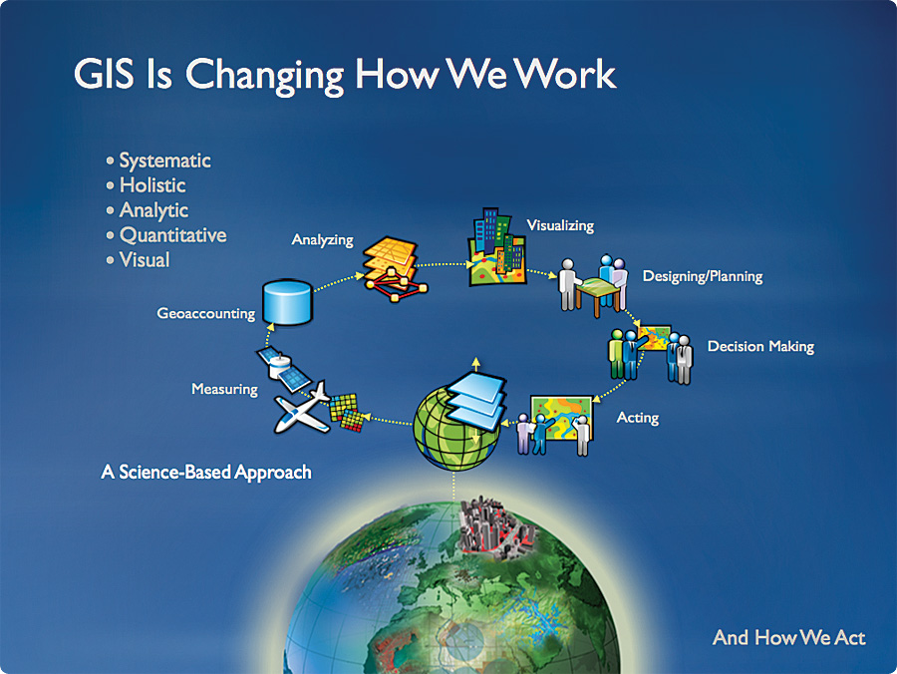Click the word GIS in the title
[104, 74]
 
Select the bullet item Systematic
[164, 161]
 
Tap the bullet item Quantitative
[172, 235]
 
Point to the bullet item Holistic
[152, 185]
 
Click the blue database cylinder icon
[287, 302]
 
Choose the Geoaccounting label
[206, 313]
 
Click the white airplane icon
[301, 409]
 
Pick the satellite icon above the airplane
[283, 369]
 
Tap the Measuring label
[224, 389]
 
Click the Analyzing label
[322, 239]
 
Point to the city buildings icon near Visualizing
[496, 246]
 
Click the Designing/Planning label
[703, 276]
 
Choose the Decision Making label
[760, 347]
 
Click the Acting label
[637, 418]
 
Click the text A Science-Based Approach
[206, 472]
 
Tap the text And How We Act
[789, 637]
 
